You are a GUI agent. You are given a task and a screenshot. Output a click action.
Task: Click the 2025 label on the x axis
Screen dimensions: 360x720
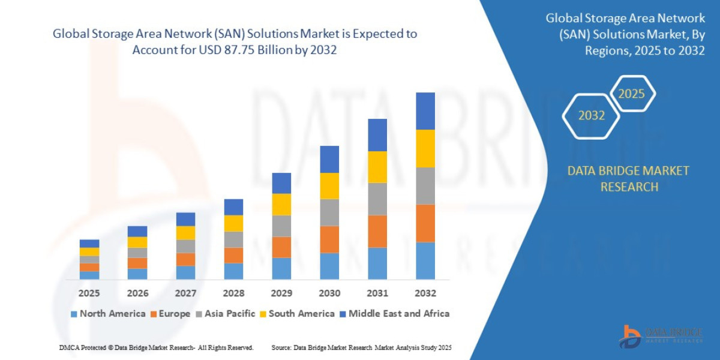point(89,293)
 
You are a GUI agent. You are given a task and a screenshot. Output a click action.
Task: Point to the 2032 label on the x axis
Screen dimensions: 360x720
point(425,293)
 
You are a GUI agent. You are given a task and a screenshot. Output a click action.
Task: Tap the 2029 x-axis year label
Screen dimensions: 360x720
point(281,293)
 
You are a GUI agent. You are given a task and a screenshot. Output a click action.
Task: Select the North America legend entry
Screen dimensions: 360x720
point(108,314)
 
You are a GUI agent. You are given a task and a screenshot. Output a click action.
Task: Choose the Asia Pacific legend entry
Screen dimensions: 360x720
point(225,314)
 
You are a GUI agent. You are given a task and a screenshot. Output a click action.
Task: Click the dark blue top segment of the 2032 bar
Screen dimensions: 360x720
point(425,111)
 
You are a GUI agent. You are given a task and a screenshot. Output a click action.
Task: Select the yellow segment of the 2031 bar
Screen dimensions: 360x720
point(377,167)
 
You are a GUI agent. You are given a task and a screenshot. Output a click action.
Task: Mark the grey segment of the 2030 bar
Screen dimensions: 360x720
point(329,212)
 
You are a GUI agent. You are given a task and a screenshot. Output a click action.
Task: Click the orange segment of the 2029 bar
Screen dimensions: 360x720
point(281,247)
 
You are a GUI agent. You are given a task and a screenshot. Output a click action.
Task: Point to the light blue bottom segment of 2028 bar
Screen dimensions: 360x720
point(233,271)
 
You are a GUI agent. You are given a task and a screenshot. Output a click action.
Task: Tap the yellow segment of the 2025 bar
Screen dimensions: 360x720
point(89,251)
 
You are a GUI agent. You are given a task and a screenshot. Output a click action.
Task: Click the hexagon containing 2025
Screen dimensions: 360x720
point(631,94)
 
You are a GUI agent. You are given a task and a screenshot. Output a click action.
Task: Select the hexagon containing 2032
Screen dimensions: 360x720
point(591,116)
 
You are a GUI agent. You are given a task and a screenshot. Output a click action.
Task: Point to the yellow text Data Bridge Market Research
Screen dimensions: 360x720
point(628,179)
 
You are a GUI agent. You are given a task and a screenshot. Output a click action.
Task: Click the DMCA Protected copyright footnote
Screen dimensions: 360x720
point(156,347)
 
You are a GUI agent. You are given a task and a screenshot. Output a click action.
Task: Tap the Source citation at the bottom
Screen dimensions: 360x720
point(361,347)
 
